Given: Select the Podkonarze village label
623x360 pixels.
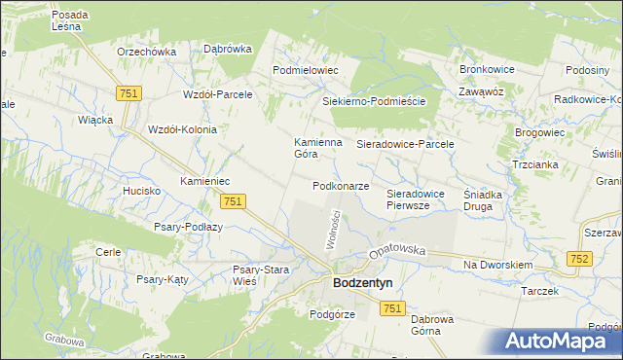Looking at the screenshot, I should (x=341, y=186).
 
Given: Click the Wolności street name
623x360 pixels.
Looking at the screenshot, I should (x=331, y=232).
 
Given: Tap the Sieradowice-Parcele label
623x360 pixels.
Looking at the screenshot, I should (x=406, y=143).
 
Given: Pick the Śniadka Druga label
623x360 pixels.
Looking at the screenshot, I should (x=483, y=199).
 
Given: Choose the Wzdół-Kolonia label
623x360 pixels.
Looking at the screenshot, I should (x=181, y=128).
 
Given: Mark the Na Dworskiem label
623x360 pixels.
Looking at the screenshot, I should (x=497, y=265).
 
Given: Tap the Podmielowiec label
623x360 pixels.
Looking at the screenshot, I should (x=305, y=70).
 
